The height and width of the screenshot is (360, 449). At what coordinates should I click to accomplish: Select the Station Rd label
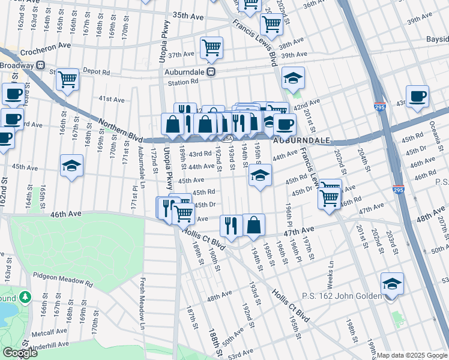click(182, 82)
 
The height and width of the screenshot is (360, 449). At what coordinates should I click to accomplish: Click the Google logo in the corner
click(20, 353)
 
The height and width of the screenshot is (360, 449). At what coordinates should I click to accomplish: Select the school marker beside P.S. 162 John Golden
click(392, 284)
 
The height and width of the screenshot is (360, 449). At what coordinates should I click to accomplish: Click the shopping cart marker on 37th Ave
click(211, 48)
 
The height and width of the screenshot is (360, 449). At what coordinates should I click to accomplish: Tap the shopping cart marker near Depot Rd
click(68, 79)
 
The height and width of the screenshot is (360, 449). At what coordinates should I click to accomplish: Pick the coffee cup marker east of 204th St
click(417, 96)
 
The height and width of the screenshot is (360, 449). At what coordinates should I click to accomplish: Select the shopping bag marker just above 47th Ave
click(254, 225)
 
